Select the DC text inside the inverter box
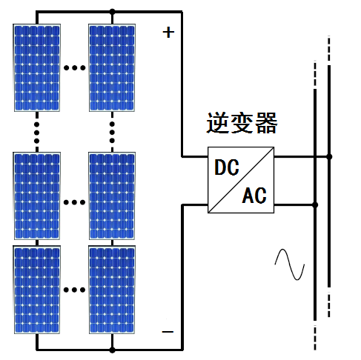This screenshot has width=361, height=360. pos(227,167)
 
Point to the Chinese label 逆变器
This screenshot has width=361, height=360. pos(242,123)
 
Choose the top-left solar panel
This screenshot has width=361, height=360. pos(37,67)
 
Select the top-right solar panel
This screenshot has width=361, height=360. pos(113,67)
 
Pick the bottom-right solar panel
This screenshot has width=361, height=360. pos(113,290)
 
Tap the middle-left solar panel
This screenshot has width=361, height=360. pos(37,196)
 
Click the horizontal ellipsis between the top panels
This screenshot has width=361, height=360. pos(75,68)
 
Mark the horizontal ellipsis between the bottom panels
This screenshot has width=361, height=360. pos(75,290)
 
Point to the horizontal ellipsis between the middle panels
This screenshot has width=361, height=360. pos(75,201)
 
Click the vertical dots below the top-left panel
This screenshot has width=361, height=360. pos(37,131)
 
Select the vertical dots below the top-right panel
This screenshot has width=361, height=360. pos(113,131)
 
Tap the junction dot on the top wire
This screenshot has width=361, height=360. pos(113,11)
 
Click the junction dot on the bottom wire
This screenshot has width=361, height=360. pos(113,349)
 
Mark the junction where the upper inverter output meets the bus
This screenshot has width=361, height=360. pos(330,157)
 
